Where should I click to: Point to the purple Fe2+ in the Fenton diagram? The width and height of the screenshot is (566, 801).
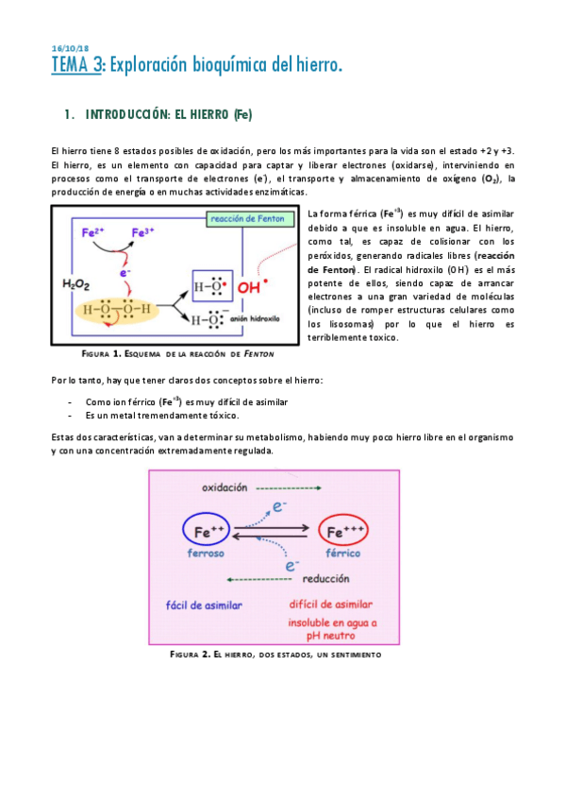(92, 230)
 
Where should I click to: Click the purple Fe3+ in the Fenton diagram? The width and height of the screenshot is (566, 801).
(144, 230)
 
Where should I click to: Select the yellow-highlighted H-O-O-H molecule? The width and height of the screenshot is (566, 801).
(111, 308)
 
